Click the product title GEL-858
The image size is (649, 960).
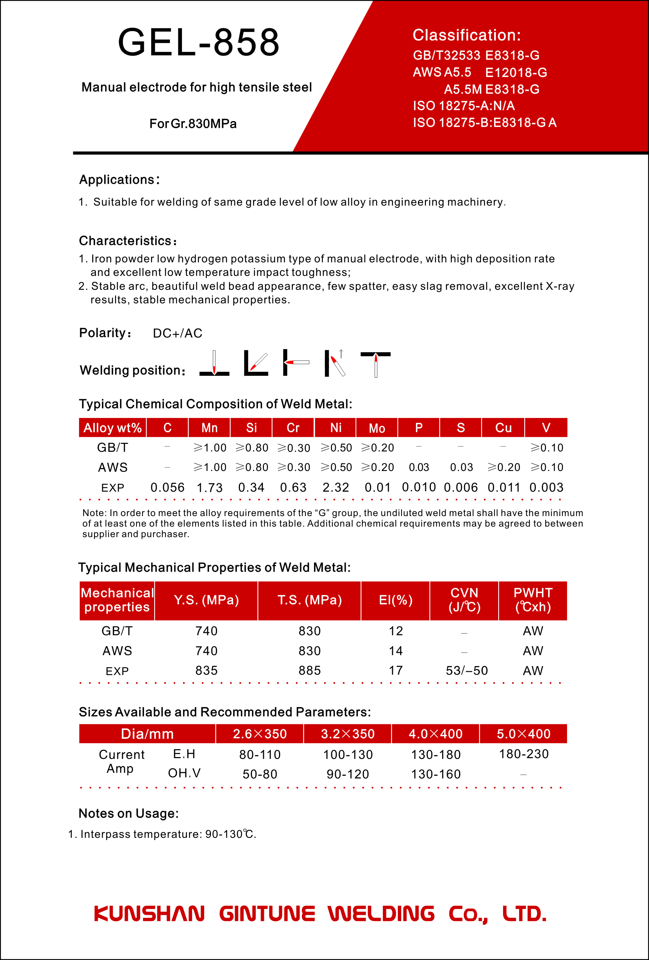[199, 42]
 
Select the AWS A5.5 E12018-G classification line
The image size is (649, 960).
[480, 72]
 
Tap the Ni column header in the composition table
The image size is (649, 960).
[335, 427]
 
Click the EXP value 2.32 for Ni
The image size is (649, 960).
[335, 488]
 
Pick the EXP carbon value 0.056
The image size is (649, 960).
[167, 488]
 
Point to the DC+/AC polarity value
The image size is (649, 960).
[177, 333]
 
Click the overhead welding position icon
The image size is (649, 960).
[375, 364]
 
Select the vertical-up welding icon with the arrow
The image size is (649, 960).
[336, 363]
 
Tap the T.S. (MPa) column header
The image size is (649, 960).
[309, 600]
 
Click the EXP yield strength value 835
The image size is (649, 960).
[206, 671]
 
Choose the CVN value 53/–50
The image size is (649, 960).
[466, 671]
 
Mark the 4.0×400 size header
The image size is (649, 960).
[435, 734]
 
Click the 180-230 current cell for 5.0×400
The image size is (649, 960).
[523, 754]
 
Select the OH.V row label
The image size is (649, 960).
[184, 773]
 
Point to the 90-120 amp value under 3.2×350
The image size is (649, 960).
[347, 774]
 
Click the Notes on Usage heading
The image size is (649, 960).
[129, 813]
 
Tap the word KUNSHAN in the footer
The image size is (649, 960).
[149, 914]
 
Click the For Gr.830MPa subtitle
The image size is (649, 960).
[193, 124]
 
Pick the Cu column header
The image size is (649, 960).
[503, 427]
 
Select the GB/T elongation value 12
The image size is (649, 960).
[395, 631]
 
